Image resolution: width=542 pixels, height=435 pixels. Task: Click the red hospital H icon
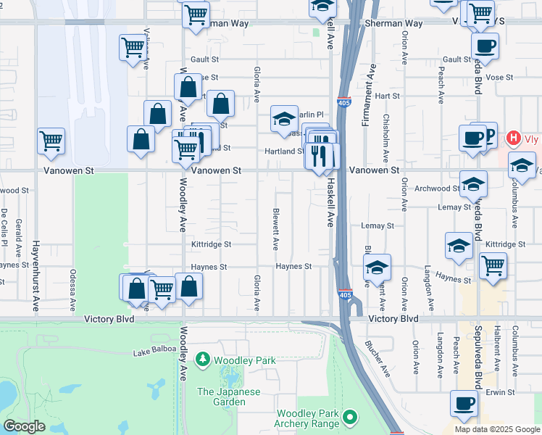pyautogui.click(x=514, y=138)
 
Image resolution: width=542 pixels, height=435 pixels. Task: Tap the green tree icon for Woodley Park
pyautogui.click(x=204, y=359)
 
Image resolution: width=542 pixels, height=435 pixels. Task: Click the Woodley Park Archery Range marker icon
pyautogui.click(x=351, y=417)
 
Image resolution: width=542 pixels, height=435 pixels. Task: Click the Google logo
pyautogui.click(x=24, y=426)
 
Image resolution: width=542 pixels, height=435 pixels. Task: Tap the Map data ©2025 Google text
pyautogui.click(x=497, y=429)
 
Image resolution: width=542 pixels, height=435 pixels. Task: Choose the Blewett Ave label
pyautogui.click(x=276, y=231)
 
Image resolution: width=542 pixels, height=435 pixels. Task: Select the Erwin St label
pyautogui.click(x=499, y=392)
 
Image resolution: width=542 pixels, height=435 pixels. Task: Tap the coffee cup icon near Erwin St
pyautogui.click(x=464, y=402)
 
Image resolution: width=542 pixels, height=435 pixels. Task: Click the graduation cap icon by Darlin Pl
pyautogui.click(x=284, y=117)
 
